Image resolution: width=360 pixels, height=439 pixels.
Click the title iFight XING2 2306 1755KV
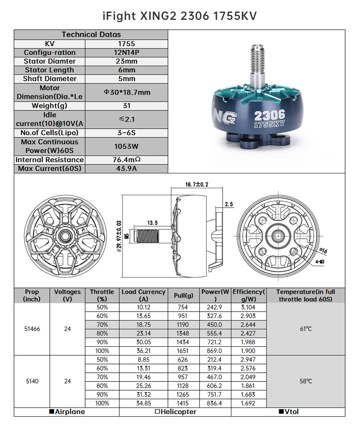tap(180, 16)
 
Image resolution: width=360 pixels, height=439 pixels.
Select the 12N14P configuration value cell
tap(126, 53)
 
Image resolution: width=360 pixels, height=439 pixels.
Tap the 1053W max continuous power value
tap(126, 146)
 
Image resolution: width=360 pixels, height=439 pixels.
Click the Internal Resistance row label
tap(49, 160)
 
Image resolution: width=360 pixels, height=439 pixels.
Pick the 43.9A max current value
tap(126, 168)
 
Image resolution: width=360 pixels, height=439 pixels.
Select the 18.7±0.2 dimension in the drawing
tap(194, 184)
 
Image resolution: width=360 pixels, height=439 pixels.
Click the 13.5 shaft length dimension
tap(152, 223)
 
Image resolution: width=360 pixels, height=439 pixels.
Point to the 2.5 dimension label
tap(228, 204)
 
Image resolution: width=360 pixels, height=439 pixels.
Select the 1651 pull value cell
tap(182, 351)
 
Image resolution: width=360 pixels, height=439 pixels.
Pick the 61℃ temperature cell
tap(305, 329)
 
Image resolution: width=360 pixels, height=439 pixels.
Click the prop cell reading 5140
tap(32, 381)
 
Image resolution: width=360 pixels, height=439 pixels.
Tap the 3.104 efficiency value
tap(248, 307)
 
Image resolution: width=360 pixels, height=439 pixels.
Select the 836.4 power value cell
tap(214, 403)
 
